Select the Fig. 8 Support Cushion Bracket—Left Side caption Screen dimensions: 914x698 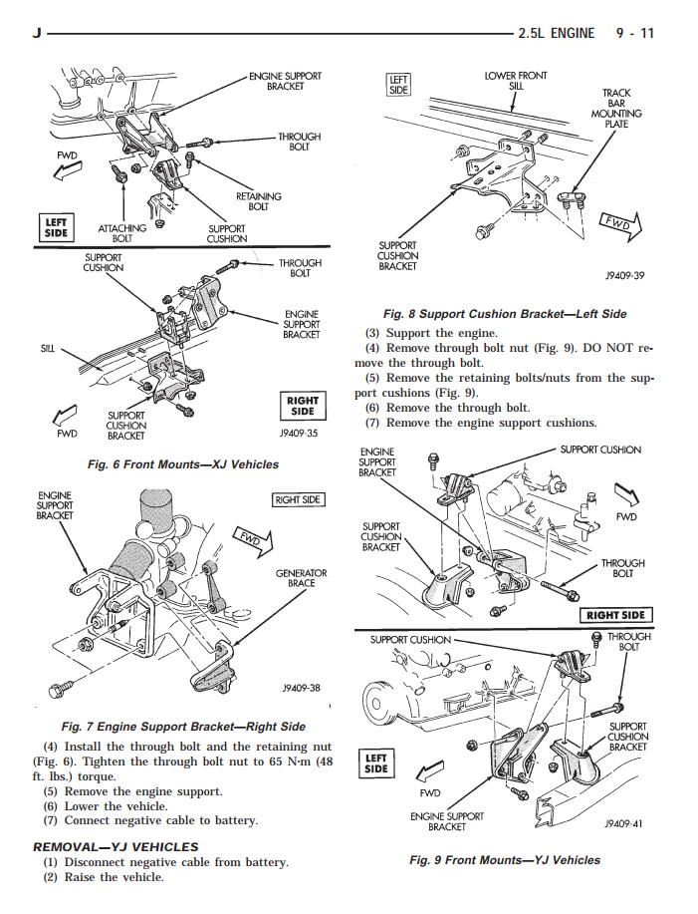tap(505, 313)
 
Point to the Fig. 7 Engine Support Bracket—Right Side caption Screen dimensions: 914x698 tap(183, 727)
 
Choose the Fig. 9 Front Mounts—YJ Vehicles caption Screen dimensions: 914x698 tap(505, 859)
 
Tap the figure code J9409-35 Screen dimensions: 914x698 tap(299, 434)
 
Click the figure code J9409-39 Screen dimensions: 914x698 tap(624, 276)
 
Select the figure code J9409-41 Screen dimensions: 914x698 tap(624, 824)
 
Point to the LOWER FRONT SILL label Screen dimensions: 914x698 tap(515, 81)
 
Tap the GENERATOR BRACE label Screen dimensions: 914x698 tap(302, 578)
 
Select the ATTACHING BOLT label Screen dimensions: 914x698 tap(121, 233)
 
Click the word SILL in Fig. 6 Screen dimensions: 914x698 tap(47, 350)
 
